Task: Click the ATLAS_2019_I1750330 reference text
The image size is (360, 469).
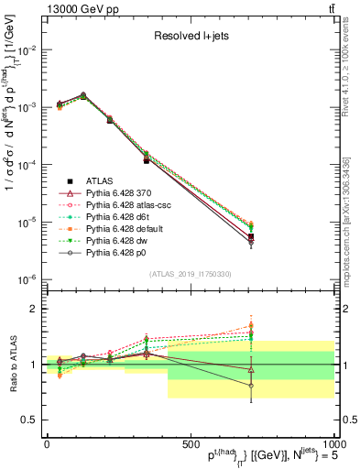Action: pyautogui.click(x=190, y=274)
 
